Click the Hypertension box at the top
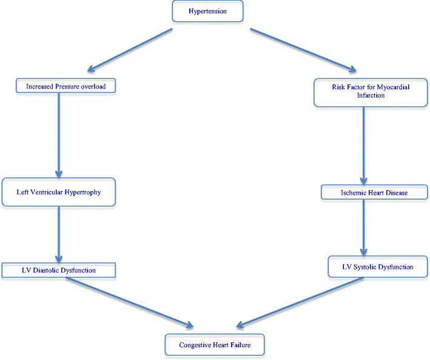click(207, 11)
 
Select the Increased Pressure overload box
click(66, 87)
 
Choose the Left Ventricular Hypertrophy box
click(59, 192)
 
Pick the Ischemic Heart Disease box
click(374, 192)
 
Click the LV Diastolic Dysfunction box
click(58, 270)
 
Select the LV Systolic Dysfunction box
click(377, 267)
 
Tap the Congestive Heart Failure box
click(215, 345)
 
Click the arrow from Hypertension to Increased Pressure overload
click(127, 50)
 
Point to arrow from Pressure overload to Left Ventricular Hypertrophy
click(59, 134)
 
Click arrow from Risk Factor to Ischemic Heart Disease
click(363, 146)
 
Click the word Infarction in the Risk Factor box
click(370, 95)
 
